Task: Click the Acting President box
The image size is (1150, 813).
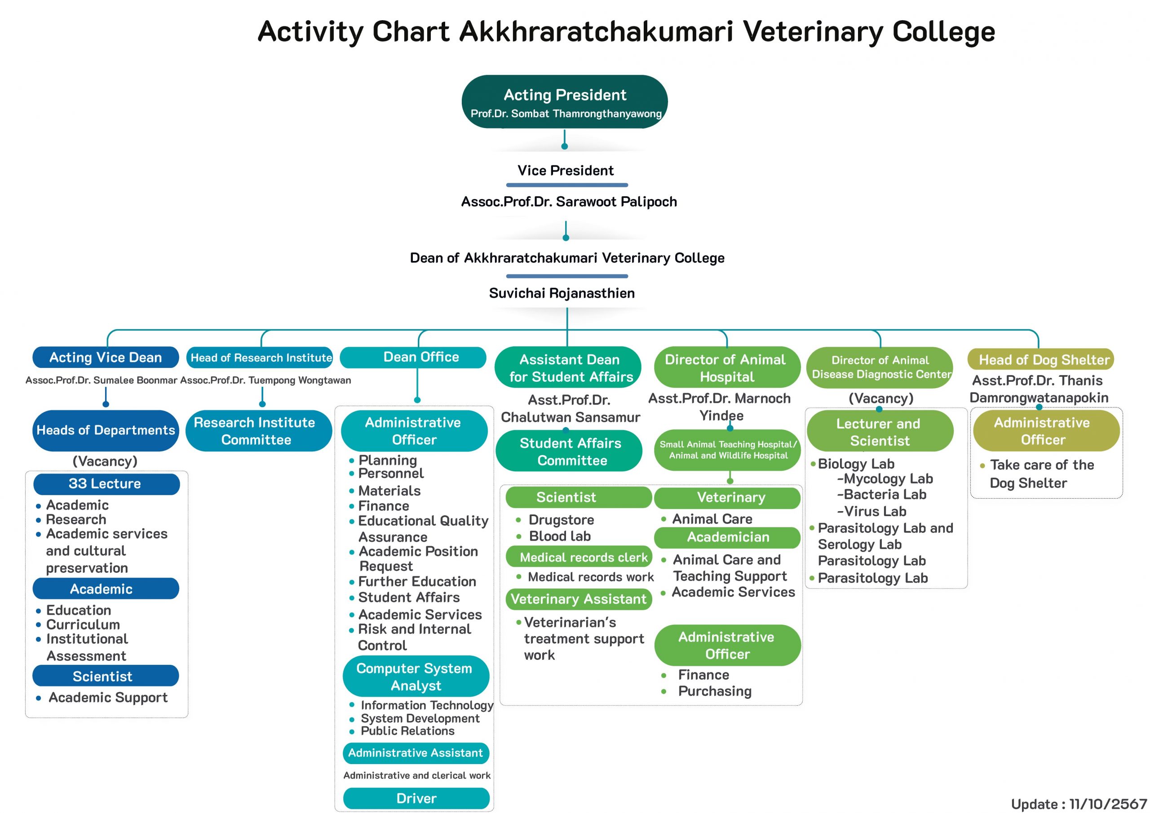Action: coord(565,102)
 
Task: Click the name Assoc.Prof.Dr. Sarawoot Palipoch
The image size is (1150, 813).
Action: coord(569,202)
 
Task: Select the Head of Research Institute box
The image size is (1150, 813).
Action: coord(260,358)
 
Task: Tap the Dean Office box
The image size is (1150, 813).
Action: coord(413,357)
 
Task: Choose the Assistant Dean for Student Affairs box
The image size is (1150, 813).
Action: coord(568,368)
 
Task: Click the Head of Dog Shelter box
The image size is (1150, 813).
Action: coord(1041,360)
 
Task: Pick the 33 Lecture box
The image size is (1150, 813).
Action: coord(106,484)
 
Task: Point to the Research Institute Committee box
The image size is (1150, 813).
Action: coord(258,431)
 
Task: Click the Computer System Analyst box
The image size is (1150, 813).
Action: coord(416,676)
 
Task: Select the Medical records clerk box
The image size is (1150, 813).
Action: coord(579,557)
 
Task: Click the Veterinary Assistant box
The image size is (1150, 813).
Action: coord(579,599)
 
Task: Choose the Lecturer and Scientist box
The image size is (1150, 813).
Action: coord(880,431)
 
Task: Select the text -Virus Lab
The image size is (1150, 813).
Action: coord(871,512)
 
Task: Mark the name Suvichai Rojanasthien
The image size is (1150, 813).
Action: coord(562,293)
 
